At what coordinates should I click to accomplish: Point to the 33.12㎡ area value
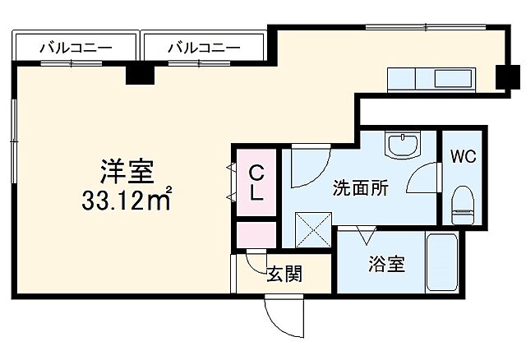pos(126,199)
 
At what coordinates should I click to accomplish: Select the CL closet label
pos(257,183)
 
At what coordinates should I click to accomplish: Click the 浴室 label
pos(385,265)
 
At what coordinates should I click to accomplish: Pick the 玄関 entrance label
pos(284,274)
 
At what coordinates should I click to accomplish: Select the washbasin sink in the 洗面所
pos(402,145)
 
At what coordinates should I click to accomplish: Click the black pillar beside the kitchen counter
pos(507,77)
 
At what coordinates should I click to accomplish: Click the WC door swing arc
pos(424,180)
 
